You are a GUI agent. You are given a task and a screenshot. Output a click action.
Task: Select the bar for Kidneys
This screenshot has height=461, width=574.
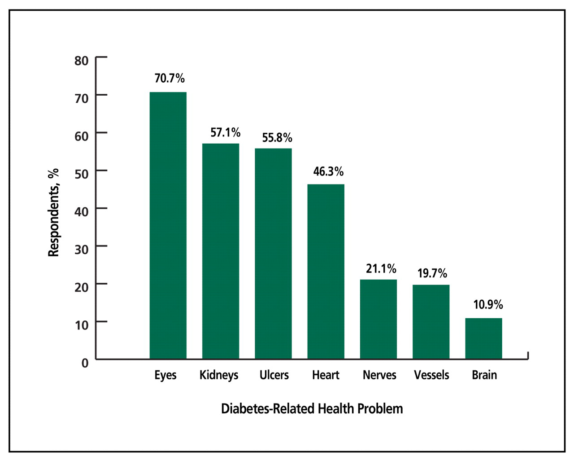[220, 251]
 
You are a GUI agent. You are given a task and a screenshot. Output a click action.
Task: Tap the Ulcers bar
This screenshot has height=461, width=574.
[273, 254]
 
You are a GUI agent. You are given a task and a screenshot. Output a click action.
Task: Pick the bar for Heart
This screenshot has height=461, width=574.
[326, 272]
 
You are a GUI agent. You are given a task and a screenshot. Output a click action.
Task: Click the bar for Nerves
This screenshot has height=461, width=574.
[378, 319]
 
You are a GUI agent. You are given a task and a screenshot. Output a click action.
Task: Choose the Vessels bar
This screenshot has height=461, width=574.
[431, 322]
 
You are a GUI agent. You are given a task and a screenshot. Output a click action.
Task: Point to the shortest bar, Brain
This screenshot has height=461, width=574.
[483, 338]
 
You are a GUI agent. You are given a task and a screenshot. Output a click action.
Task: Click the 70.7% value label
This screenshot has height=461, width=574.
[170, 79]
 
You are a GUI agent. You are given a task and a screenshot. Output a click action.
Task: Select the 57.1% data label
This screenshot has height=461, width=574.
[225, 132]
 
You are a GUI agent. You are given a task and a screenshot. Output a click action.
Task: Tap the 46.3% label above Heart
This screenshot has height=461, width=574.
[328, 171]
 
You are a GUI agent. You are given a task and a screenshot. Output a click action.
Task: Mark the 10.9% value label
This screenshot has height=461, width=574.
[488, 305]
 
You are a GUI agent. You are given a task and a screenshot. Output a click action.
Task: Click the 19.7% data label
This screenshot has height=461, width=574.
[432, 273]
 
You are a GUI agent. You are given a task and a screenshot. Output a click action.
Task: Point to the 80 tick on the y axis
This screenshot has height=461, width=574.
[82, 61]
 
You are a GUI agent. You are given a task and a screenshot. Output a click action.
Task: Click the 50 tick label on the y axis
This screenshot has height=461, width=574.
[82, 174]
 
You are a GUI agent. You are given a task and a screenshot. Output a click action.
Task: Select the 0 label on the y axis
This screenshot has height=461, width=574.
[85, 363]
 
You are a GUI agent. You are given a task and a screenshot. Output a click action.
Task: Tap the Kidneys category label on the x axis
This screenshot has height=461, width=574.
[219, 375]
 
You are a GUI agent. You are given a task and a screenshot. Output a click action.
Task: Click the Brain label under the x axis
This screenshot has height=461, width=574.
[484, 375]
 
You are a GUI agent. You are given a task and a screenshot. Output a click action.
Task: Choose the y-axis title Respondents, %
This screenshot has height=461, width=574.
[53, 213]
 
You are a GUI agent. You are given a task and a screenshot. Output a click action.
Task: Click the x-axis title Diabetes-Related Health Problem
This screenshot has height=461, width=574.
[312, 409]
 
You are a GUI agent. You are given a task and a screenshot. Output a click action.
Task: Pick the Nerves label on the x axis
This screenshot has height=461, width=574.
[379, 375]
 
